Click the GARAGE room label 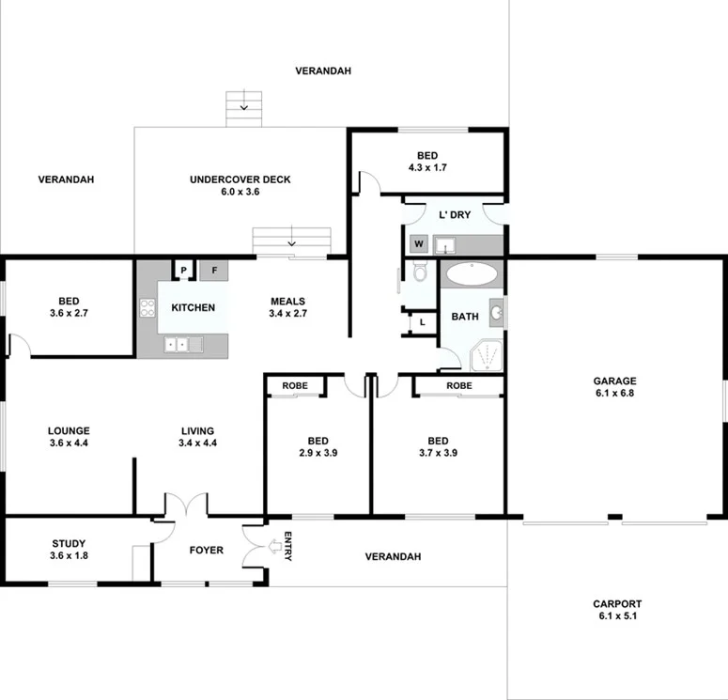[x=614, y=381]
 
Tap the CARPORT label [x=616, y=604]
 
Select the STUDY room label [x=69, y=543]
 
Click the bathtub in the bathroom [x=471, y=274]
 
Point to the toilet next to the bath [x=420, y=273]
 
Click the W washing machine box [x=419, y=244]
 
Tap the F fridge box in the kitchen [x=214, y=271]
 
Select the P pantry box [x=184, y=271]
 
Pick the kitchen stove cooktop [x=147, y=307]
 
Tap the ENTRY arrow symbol [x=275, y=546]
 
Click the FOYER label [x=207, y=550]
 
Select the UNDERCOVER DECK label [x=240, y=179]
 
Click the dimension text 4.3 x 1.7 [x=427, y=167]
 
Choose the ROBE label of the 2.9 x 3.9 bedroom [x=294, y=385]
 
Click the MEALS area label [x=287, y=302]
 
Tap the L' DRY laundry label [x=455, y=215]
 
